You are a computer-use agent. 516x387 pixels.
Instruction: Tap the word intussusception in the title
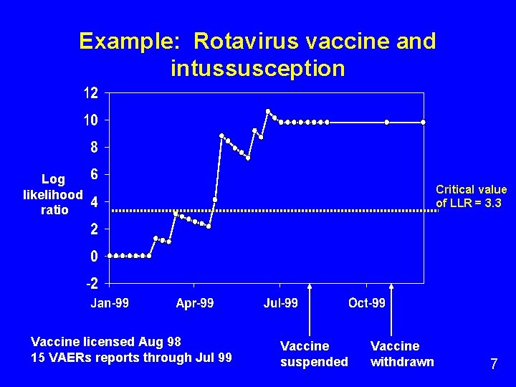pyautogui.click(x=258, y=69)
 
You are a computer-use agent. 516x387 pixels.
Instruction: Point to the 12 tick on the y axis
pyautogui.click(x=91, y=93)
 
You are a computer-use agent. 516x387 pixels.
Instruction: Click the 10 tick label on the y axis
pyautogui.click(x=91, y=120)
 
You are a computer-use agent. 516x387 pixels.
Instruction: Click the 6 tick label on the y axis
pyautogui.click(x=95, y=174)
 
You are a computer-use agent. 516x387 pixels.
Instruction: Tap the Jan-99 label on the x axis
pyautogui.click(x=110, y=303)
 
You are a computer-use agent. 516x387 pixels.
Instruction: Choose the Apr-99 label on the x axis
pyautogui.click(x=195, y=303)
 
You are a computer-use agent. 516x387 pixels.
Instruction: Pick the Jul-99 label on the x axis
pyautogui.click(x=281, y=303)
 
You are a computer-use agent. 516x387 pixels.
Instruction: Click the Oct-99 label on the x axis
pyautogui.click(x=367, y=303)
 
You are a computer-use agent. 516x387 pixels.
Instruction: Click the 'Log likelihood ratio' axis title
pyautogui.click(x=53, y=194)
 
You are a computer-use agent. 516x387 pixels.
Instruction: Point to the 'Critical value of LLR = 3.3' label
pyautogui.click(x=471, y=196)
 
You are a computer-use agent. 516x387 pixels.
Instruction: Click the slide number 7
pyautogui.click(x=494, y=364)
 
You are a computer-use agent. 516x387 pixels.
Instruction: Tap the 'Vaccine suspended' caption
pyautogui.click(x=314, y=354)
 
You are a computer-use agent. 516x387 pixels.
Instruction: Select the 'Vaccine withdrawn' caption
pyautogui.click(x=402, y=354)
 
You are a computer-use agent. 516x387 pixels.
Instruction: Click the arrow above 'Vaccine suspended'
pyautogui.click(x=310, y=308)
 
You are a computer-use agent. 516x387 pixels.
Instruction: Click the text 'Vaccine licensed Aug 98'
pyautogui.click(x=106, y=341)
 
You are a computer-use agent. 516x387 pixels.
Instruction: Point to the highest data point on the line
pyautogui.click(x=268, y=111)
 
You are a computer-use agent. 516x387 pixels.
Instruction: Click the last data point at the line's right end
pyautogui.click(x=423, y=123)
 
